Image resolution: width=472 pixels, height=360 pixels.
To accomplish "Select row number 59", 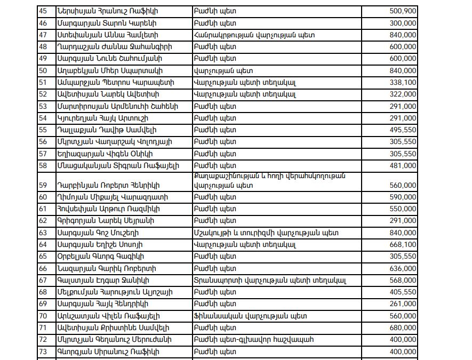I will tap(44, 185).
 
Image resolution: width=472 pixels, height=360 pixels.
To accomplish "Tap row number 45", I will tap(44, 11).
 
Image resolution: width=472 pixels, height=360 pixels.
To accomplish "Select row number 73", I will tap(44, 351).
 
